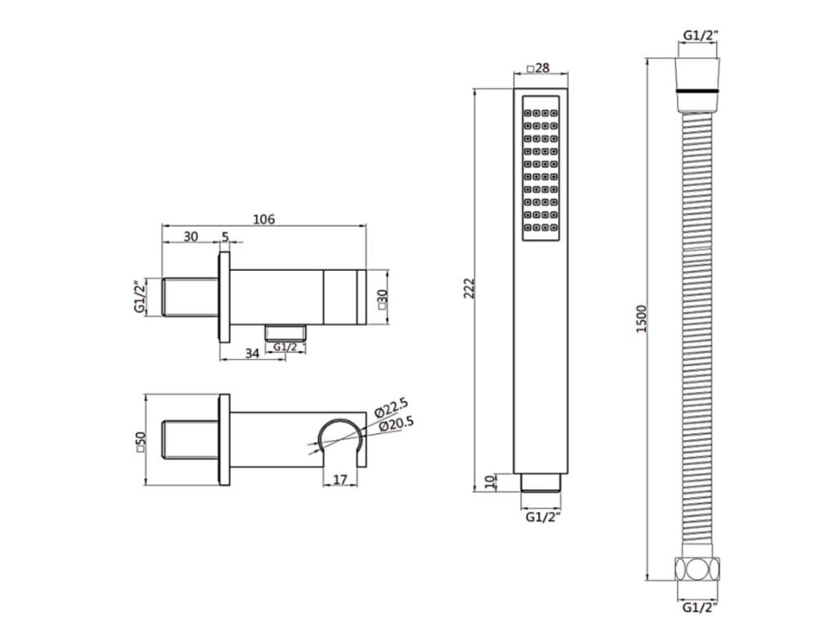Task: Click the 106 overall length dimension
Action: point(264,219)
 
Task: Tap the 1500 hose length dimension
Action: point(642,319)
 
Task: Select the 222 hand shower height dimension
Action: point(469,288)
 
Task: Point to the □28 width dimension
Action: point(539,68)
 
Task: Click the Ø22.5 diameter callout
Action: point(391,407)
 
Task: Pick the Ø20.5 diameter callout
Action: point(396,424)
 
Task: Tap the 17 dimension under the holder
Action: point(340,480)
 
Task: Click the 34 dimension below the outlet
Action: point(252,353)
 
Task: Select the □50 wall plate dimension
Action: point(141,442)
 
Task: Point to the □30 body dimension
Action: point(382,300)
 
